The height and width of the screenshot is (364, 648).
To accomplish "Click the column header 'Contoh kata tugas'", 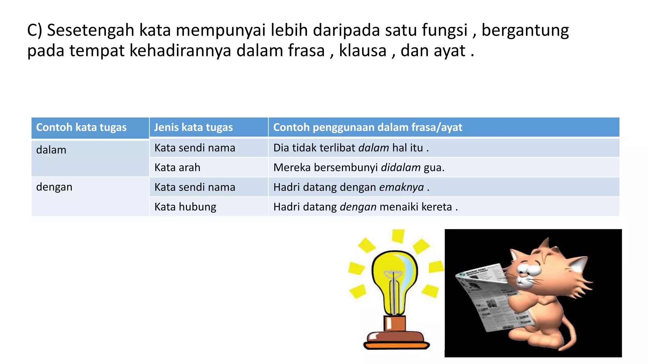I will click(81, 127).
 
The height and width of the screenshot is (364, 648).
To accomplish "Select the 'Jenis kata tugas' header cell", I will click(193, 127).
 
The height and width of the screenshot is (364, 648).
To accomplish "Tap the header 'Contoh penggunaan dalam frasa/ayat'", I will click(368, 127).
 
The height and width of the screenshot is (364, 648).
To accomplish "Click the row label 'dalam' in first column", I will click(51, 150).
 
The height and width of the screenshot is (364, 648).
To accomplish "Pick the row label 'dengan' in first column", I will click(54, 187).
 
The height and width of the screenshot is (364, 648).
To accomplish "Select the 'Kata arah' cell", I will click(177, 167).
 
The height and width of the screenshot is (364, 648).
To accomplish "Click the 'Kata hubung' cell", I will click(185, 207).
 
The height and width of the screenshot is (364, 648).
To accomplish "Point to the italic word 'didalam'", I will click(401, 167).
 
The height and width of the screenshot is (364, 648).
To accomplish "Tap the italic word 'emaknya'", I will click(401, 187).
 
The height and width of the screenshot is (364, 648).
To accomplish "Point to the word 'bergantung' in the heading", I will click(525, 31).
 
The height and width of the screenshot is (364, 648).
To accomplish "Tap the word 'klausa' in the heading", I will click(363, 51).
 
